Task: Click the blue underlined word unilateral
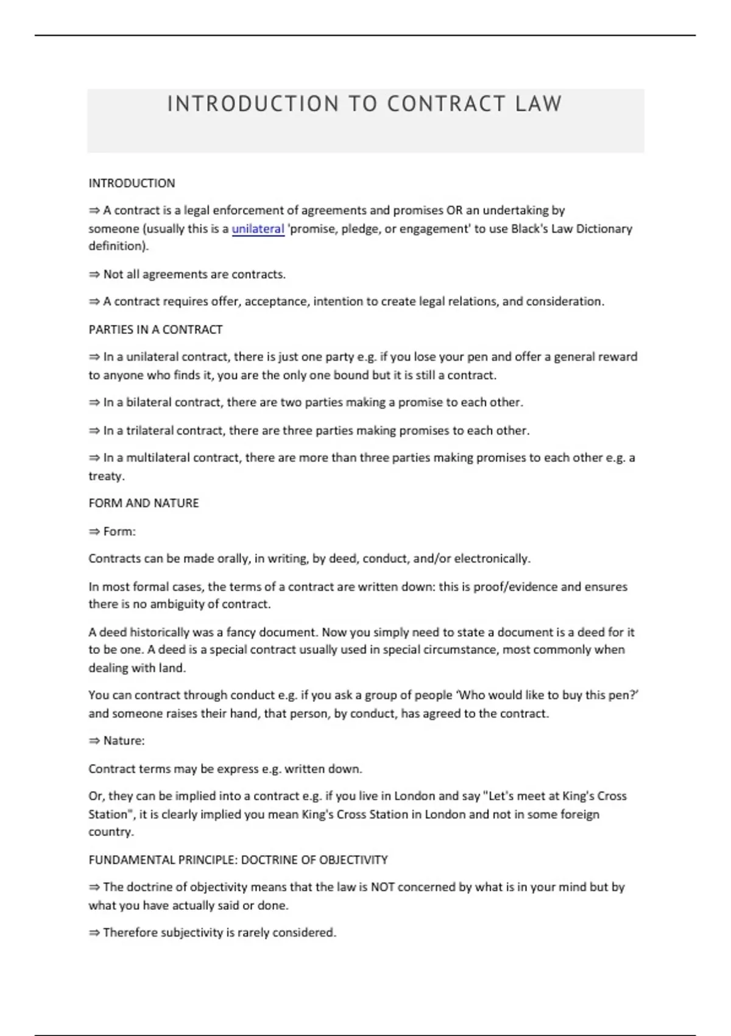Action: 258,229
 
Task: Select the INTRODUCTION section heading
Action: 132,183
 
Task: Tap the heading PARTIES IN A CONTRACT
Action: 155,329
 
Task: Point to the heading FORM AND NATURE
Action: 144,503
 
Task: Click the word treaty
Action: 105,476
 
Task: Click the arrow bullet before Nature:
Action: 94,741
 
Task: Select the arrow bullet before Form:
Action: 94,531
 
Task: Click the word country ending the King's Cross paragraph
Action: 110,832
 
